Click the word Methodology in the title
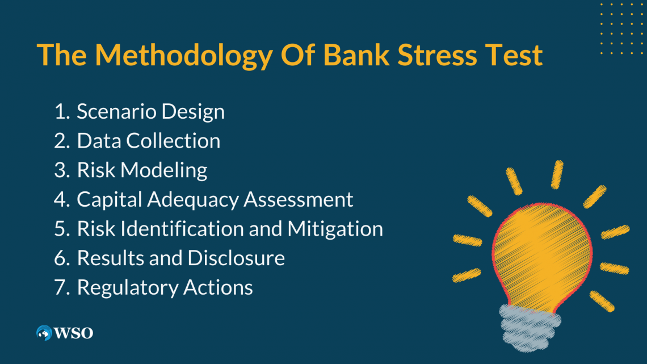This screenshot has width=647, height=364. pos(184,56)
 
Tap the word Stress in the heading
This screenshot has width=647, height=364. pos(437,55)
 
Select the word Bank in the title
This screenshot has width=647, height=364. pos(356,55)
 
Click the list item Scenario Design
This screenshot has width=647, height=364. pos(150,111)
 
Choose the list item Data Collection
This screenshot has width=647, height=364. pos(149,141)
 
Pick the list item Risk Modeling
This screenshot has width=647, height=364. pos(142,170)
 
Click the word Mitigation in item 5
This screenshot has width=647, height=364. pos(335,229)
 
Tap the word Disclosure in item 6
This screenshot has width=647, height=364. pos(236,258)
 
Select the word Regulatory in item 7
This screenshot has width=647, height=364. pos(128,288)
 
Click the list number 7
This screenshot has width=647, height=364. pos(61,287)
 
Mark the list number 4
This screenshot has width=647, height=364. pos(61,199)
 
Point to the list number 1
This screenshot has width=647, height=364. pos(61,111)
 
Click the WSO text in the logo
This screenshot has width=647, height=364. pos(73,333)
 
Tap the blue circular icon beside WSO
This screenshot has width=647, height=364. pos(44,333)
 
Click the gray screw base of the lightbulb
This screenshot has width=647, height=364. pos(530,328)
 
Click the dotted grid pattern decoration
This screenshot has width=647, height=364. pos(623,28)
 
